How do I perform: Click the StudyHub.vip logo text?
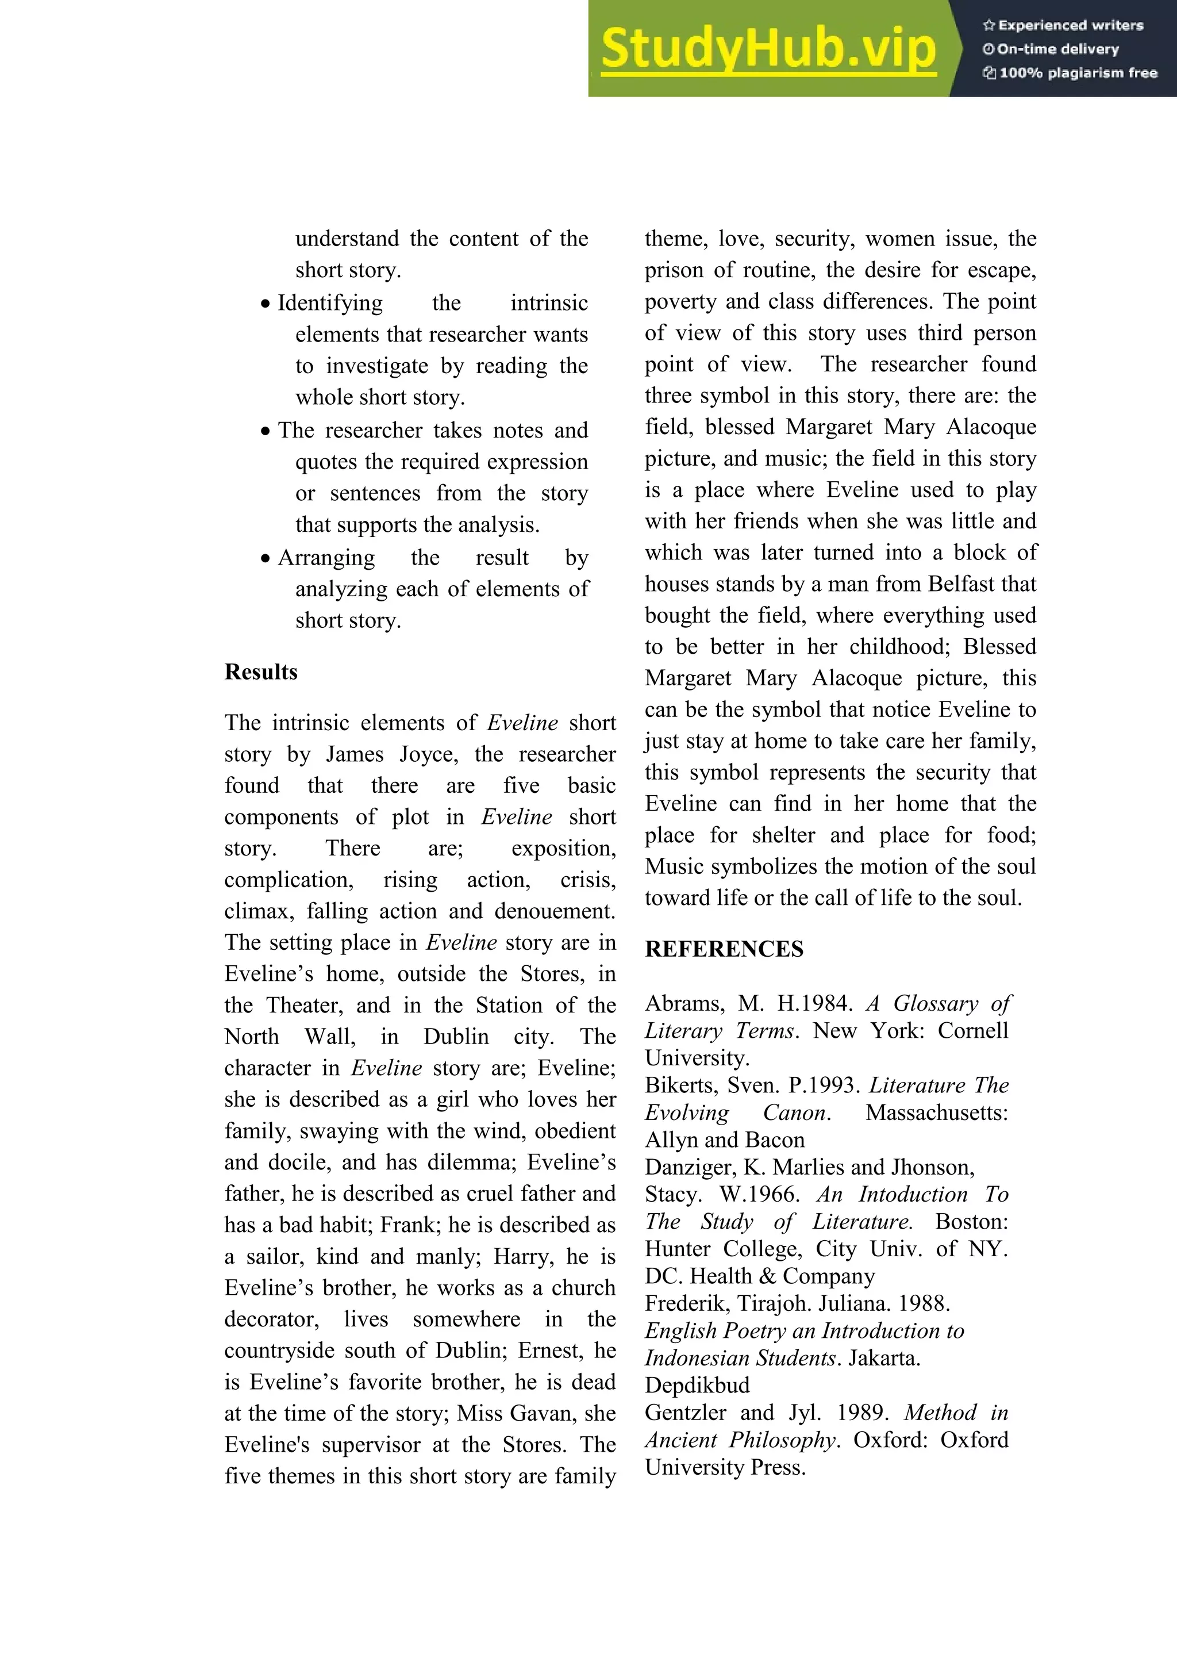(x=768, y=49)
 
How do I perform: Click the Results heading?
(x=261, y=672)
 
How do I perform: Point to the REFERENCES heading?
(x=724, y=949)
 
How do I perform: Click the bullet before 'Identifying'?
(x=266, y=304)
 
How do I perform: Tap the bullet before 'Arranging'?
(x=266, y=558)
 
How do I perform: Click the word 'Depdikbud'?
(x=697, y=1385)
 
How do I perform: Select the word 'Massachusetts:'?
(x=936, y=1112)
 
